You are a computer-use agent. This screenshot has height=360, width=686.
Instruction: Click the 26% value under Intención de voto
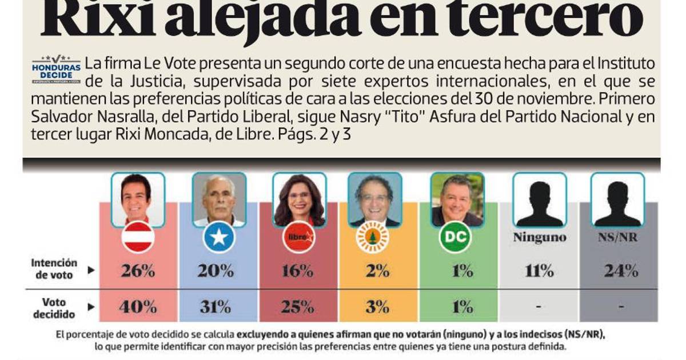138,271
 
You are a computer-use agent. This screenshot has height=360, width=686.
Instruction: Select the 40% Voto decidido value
138,307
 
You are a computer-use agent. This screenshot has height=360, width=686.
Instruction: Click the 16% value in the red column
298,271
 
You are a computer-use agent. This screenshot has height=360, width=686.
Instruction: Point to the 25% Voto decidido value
298,307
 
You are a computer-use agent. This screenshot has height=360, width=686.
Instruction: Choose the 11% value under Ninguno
539,271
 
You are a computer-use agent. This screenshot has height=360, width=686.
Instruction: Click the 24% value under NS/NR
621,271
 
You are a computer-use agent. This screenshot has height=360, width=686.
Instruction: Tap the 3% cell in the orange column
378,307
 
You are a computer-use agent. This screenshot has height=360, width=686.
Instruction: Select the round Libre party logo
299,237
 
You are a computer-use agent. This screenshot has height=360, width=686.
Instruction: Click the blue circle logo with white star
219,237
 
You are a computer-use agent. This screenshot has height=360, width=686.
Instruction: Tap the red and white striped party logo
138,237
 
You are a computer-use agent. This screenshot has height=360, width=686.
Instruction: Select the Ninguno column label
539,237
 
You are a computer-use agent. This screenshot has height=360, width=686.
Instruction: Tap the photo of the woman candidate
299,199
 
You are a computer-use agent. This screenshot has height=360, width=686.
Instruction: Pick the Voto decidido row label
54,307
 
